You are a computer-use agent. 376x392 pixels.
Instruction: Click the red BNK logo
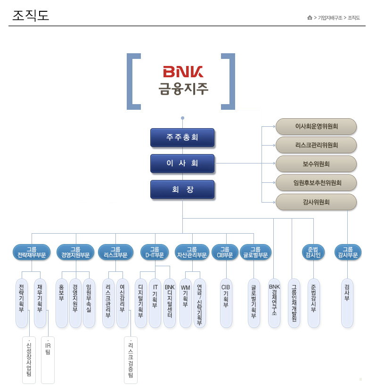click(183, 72)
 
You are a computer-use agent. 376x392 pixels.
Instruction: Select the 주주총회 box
click(182, 138)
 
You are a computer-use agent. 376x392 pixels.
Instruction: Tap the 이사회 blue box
click(182, 163)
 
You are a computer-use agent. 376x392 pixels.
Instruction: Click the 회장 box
click(182, 189)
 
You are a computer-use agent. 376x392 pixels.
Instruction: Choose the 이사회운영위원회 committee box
click(316, 126)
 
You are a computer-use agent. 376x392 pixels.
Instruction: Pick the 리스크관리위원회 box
click(316, 145)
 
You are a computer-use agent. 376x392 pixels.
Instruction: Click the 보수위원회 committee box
click(316, 164)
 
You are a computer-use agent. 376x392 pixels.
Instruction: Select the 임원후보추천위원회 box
click(316, 183)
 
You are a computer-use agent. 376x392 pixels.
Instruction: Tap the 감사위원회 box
click(316, 202)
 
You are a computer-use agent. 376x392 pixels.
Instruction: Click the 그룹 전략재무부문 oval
click(32, 252)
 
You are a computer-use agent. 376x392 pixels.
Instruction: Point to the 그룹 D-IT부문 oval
click(155, 252)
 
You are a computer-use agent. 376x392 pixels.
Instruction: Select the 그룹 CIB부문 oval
click(225, 252)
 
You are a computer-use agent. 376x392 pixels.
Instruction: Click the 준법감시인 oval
click(313, 252)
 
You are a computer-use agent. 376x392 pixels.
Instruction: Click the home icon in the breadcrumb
click(310, 18)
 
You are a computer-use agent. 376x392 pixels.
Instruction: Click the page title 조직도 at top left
click(31, 16)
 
